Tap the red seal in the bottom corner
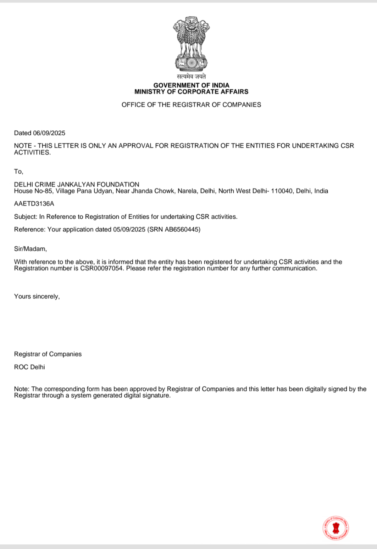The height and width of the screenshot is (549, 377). [x=336, y=528]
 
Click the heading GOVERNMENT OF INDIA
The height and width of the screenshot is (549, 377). [x=191, y=85]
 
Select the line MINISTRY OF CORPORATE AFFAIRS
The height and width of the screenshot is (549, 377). [x=191, y=92]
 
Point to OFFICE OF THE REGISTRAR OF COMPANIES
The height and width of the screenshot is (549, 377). [x=191, y=105]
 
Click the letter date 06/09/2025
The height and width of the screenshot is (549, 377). [x=49, y=133]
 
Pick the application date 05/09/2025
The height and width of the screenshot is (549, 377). [x=129, y=230]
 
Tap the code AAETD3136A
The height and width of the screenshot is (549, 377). [x=34, y=204]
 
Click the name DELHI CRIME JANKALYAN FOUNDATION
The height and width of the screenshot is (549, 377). [x=77, y=185]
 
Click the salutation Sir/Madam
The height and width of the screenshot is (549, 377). [x=31, y=249]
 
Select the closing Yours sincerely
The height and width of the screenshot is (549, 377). [x=37, y=297]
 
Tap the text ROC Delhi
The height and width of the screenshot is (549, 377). [x=29, y=367]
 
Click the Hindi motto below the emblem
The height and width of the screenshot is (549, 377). [x=191, y=77]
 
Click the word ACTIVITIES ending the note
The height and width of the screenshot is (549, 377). [x=32, y=152]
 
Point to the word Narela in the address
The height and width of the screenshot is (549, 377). [x=187, y=191]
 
